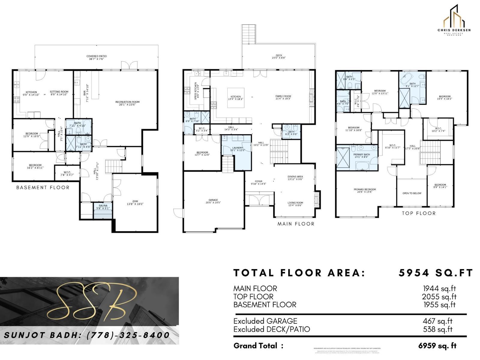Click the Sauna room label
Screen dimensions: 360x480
103,207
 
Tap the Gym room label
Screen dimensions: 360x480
135,202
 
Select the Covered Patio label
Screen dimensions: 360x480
96,58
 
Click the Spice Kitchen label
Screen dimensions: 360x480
196,91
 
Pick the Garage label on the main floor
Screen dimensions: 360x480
213,201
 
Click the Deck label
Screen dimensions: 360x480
279,56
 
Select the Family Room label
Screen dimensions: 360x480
283,97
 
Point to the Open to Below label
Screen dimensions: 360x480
412,193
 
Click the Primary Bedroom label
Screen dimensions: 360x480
364,190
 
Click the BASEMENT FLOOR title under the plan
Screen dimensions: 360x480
43,187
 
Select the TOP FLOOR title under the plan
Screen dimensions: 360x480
418,213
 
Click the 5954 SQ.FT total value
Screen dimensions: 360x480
436,273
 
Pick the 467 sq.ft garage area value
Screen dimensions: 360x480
437,321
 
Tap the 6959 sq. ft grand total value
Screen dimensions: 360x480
437,346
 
